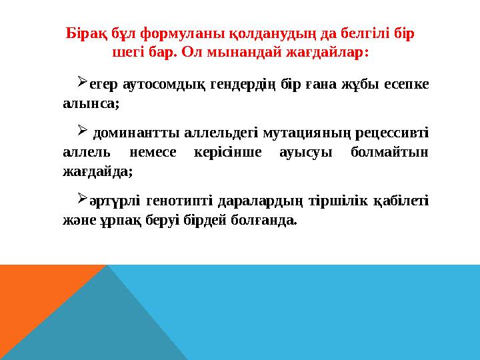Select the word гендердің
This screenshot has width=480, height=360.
[220, 85]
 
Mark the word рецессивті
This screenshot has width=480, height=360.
[388, 133]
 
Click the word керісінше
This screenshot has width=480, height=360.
[232, 152]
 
